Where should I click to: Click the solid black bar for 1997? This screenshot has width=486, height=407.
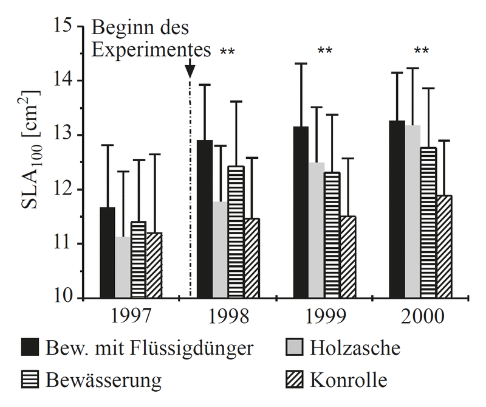coord(108,252)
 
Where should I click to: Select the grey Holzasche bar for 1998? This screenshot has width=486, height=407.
coord(220,249)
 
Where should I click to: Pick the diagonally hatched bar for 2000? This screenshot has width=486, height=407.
coord(444,246)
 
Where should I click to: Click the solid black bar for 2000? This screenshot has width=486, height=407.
coord(397,209)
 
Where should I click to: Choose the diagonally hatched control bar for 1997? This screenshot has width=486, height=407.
coord(154,265)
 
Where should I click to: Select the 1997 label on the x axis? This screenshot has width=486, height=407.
coord(131,317)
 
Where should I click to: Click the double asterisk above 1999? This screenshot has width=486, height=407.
coord(325,51)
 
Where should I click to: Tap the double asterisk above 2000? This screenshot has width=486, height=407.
coord(422,51)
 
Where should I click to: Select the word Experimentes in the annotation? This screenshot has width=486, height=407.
coord(151,49)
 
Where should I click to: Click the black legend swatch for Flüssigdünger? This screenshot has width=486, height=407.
coord(30,349)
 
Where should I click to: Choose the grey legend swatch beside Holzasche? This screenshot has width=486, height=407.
coord(295,349)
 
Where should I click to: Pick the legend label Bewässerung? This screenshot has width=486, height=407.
coord(103,381)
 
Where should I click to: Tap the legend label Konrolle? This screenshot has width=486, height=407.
coord(348,381)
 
